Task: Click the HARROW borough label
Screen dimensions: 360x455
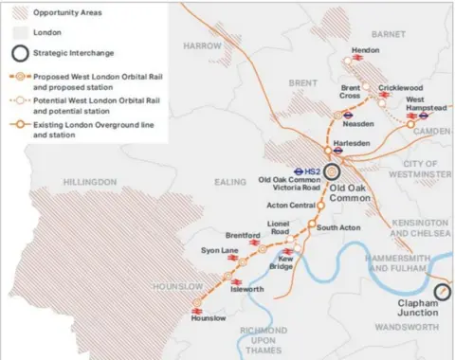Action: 202,45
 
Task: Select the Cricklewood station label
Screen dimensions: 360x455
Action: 399,88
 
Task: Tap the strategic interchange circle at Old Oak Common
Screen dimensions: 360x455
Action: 333,171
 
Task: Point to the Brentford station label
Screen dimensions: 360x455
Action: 244,235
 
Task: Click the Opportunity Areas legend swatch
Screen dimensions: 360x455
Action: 15,13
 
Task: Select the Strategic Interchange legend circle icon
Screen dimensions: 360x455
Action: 15,51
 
